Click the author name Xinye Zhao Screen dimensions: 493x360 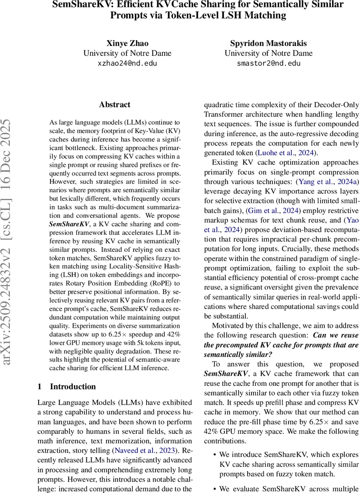pyautogui.click(x=127, y=43)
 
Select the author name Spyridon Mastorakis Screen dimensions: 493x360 pyautogui.click(x=268, y=43)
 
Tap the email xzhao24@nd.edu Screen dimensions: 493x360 pyautogui.click(x=127, y=63)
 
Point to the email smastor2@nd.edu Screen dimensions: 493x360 pyautogui.click(x=268, y=63)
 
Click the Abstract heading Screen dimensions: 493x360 pyautogui.click(x=115, y=105)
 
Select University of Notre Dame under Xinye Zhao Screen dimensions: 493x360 pyautogui.click(x=127, y=53)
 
